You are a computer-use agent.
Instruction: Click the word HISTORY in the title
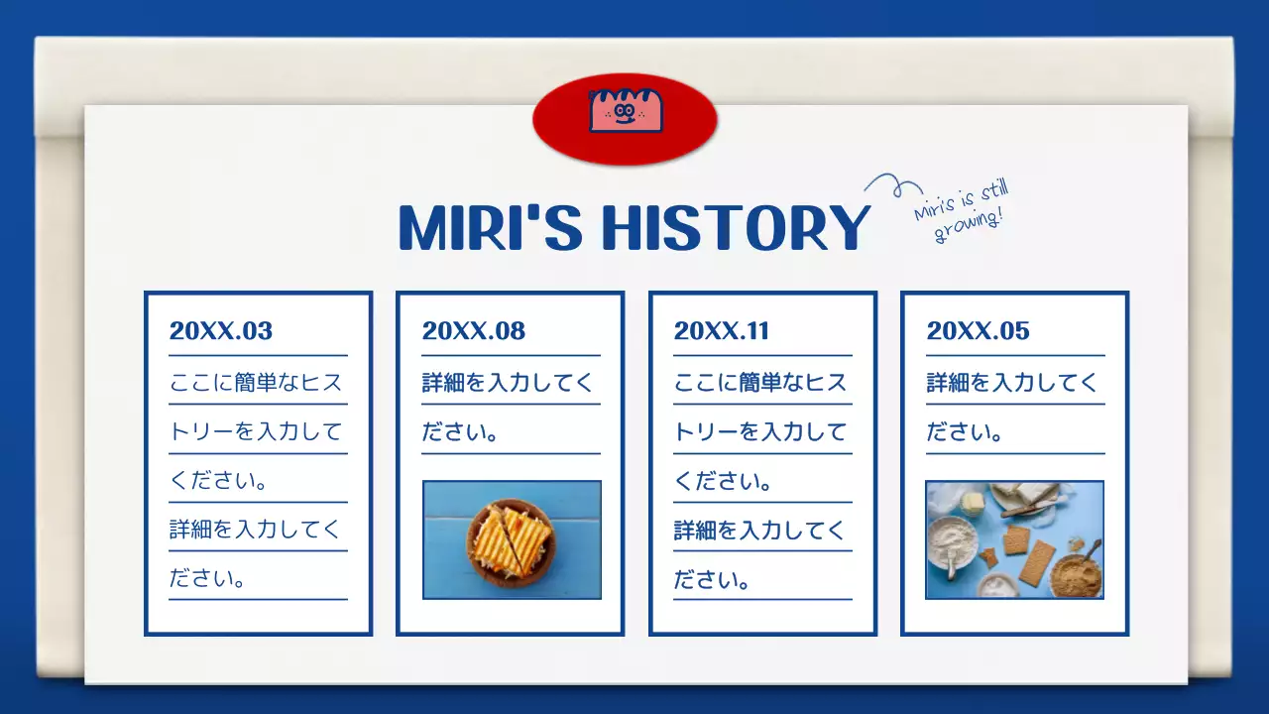pyautogui.click(x=736, y=228)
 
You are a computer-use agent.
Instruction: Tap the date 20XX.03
pyautogui.click(x=220, y=331)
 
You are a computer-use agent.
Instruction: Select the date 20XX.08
pyautogui.click(x=473, y=331)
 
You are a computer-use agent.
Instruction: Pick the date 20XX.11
pyautogui.click(x=721, y=331)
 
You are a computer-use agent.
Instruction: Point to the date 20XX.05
pyautogui.click(x=978, y=331)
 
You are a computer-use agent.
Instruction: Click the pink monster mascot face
pyautogui.click(x=625, y=110)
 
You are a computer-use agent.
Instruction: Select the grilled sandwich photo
pyautogui.click(x=512, y=540)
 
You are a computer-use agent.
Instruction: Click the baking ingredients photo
pyautogui.click(x=1014, y=540)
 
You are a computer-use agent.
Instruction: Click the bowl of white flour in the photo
pyautogui.click(x=953, y=540)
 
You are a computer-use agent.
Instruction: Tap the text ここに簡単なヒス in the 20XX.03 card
pyautogui.click(x=256, y=383)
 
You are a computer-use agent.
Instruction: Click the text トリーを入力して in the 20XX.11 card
pyautogui.click(x=760, y=432)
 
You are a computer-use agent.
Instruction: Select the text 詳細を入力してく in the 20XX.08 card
pyautogui.click(x=508, y=383)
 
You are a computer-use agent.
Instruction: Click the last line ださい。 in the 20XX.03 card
pyautogui.click(x=207, y=578)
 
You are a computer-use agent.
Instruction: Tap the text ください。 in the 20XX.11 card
pyautogui.click(x=724, y=481)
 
